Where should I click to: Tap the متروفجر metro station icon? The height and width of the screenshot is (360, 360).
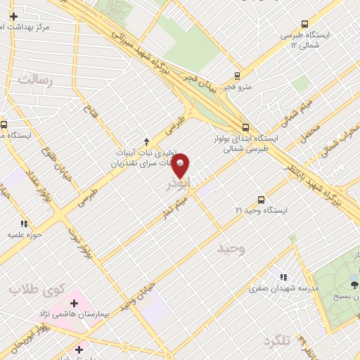click(x=237, y=76)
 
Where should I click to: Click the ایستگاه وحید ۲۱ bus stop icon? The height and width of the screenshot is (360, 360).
click(x=262, y=200)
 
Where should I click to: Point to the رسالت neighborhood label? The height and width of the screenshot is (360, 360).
click(x=36, y=80)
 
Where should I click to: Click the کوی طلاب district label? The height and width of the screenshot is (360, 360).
click(x=37, y=288)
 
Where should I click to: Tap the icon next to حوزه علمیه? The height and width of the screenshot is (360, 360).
click(x=25, y=224)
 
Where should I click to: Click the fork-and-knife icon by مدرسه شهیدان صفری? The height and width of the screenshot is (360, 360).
click(x=284, y=278)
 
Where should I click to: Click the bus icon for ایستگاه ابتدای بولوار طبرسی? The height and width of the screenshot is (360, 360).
click(x=245, y=127)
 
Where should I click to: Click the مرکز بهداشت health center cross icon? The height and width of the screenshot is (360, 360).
click(x=13, y=15)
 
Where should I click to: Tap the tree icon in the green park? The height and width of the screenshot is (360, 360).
click(x=354, y=284)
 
